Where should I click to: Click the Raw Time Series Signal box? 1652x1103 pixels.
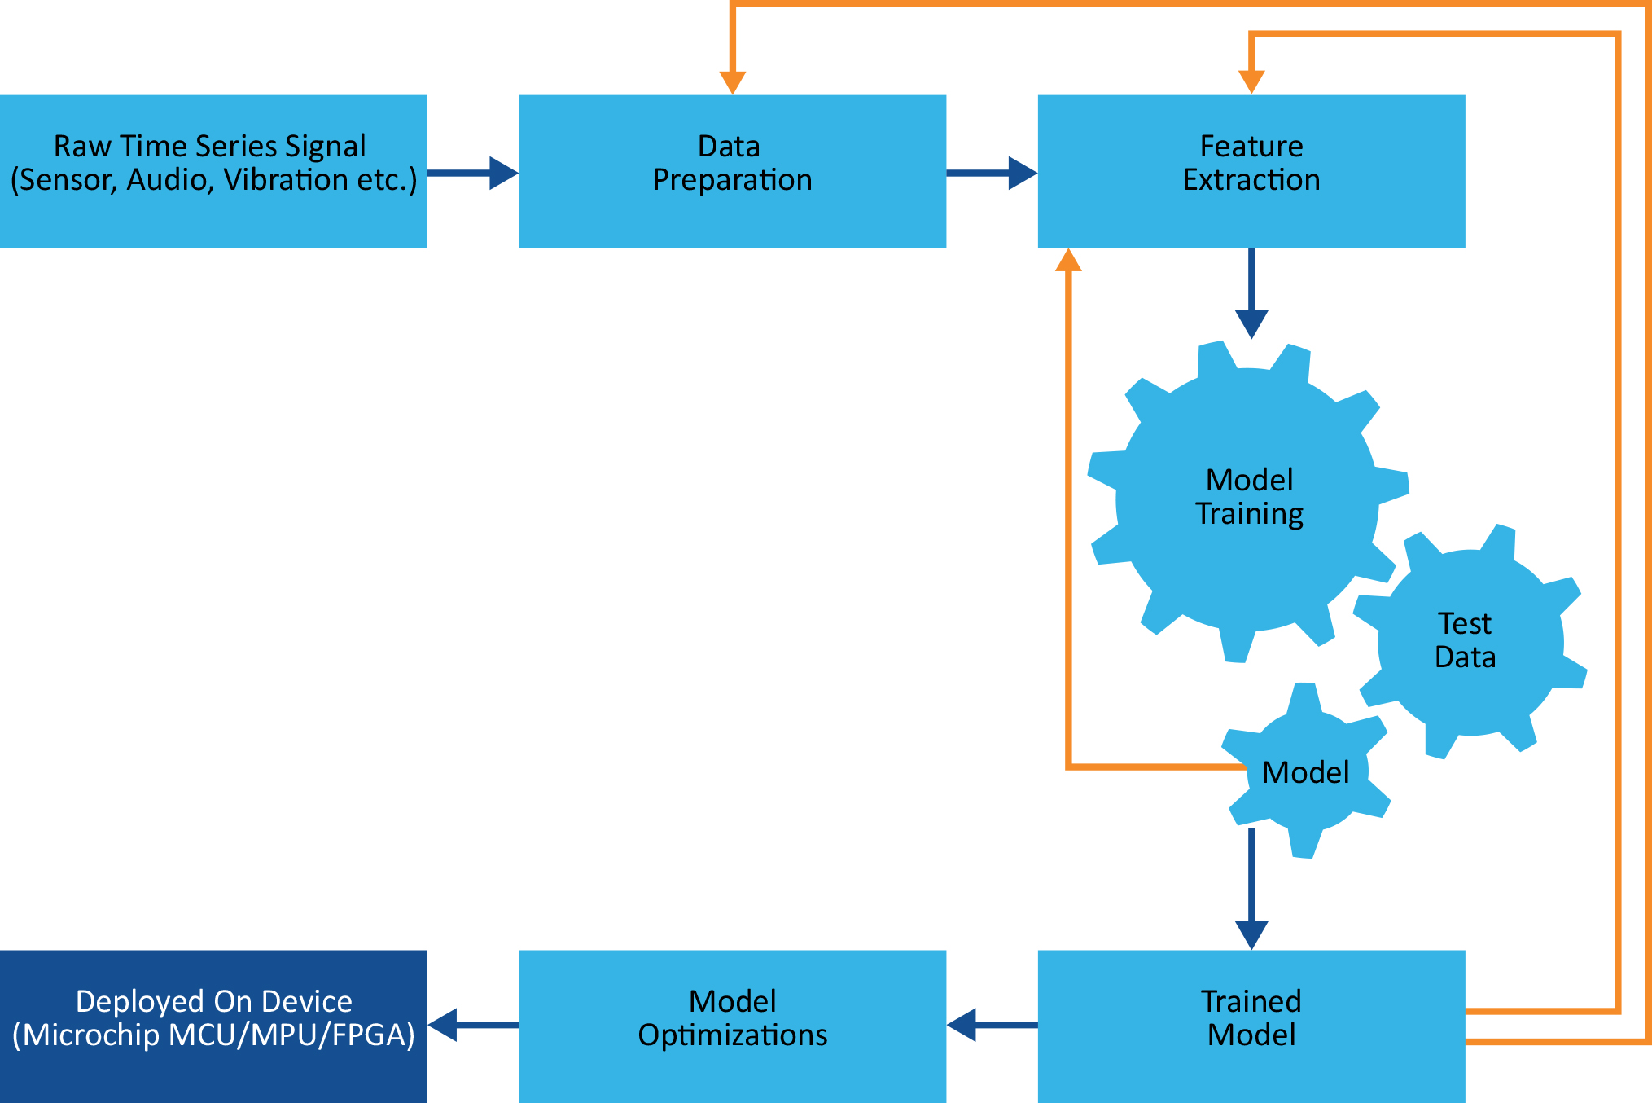tap(213, 171)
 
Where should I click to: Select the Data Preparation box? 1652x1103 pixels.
tap(732, 171)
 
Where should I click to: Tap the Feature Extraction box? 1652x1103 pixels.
tap(1251, 171)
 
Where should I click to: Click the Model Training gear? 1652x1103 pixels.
tap(1248, 497)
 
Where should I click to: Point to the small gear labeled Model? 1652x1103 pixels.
tap(1305, 771)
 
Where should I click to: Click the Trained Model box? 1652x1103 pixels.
tap(1251, 1026)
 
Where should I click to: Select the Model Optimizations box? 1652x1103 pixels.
tap(732, 1026)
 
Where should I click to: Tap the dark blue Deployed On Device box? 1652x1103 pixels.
tap(213, 1026)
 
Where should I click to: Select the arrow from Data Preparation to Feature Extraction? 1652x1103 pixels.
tap(993, 173)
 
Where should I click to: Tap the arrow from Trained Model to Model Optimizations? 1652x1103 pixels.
tap(992, 1025)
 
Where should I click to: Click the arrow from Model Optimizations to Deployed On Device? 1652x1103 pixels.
tap(473, 1025)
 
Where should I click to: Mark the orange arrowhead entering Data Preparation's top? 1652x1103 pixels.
tap(733, 81)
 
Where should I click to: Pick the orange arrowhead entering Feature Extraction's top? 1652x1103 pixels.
tap(1251, 81)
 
